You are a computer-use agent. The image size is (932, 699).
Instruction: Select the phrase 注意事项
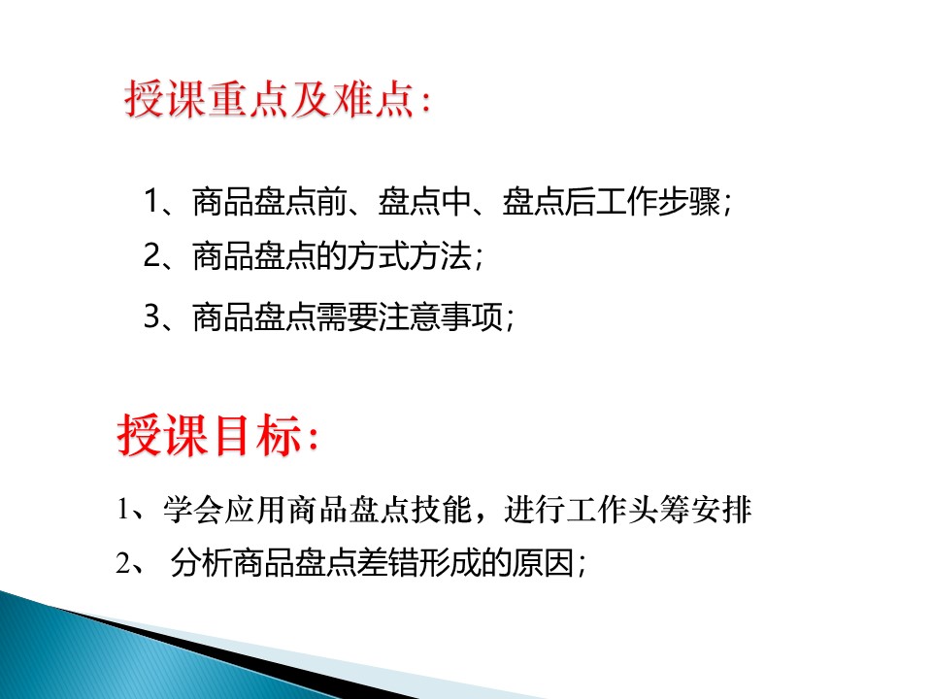(x=441, y=316)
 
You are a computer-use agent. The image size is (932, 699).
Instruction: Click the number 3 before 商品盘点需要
(x=152, y=316)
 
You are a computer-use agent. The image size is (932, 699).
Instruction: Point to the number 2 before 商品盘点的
(x=152, y=256)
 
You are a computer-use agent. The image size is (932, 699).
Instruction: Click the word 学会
(x=194, y=510)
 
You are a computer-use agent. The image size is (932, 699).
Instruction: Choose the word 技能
(x=442, y=510)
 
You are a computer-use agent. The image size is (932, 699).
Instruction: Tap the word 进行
(x=535, y=510)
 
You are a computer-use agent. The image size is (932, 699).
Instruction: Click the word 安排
(x=721, y=510)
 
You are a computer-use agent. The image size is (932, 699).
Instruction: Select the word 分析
(x=202, y=563)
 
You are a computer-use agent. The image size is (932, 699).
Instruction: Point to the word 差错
(x=387, y=563)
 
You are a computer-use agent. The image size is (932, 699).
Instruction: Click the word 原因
(x=543, y=563)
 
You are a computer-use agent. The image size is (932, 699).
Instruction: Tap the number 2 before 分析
(x=123, y=563)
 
